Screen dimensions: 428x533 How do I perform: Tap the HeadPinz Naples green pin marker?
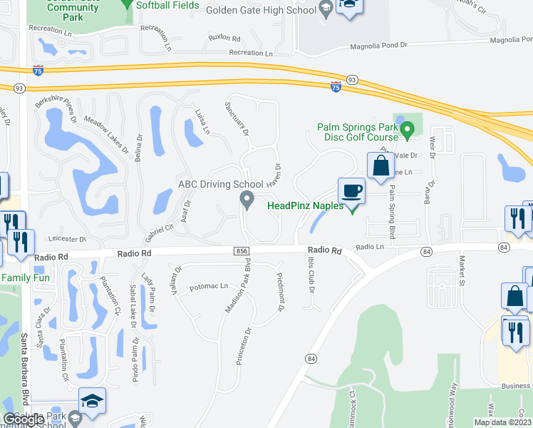(351, 208)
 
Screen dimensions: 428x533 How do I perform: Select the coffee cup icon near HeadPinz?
(351, 191)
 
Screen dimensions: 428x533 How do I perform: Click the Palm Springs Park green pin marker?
(407, 131)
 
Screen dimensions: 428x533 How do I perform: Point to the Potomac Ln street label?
(208, 287)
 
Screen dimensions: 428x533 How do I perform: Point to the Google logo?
(24, 420)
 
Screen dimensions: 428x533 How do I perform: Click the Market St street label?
(462, 269)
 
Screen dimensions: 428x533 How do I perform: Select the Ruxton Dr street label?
(223, 36)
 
